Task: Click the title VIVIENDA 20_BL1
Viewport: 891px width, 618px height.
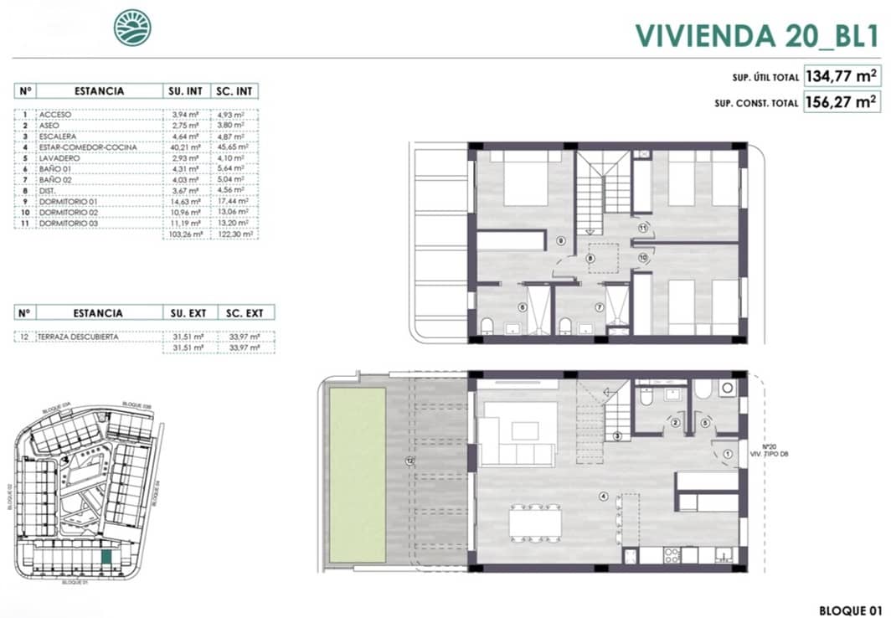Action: click(756, 35)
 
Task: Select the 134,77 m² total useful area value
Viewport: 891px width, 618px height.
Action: click(842, 76)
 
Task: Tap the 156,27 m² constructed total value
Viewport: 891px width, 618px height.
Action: click(842, 103)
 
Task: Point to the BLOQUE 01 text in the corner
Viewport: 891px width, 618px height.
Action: click(849, 609)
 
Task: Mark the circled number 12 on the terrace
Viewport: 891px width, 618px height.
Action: click(409, 461)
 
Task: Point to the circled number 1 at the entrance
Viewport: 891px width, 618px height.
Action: click(728, 455)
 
